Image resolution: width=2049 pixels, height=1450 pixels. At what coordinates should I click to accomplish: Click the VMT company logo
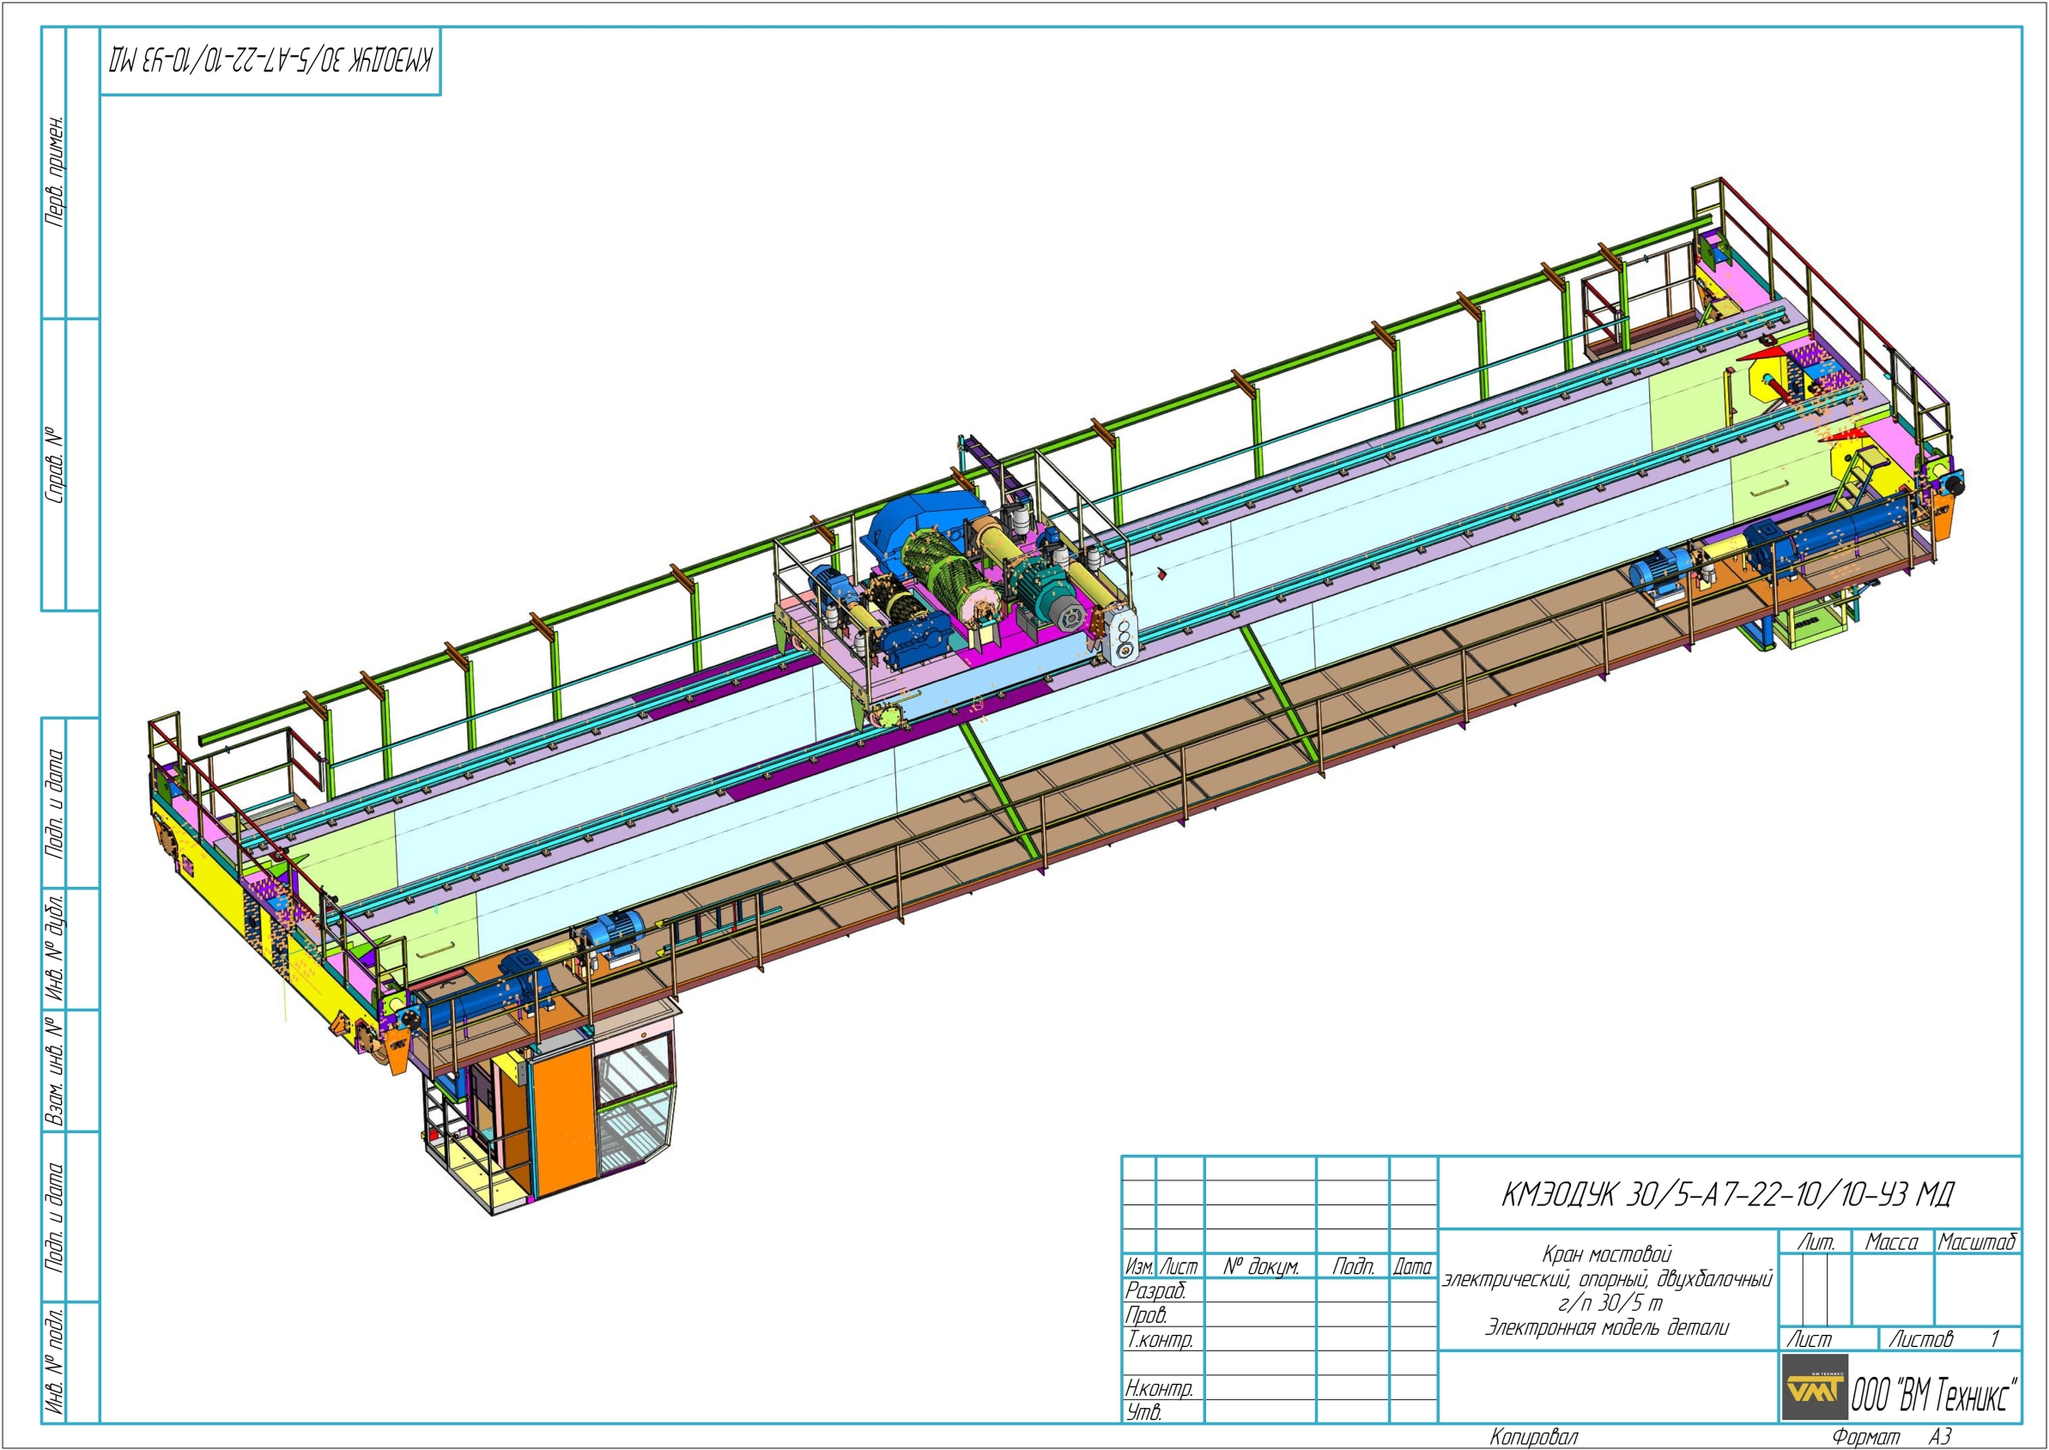(x=1814, y=1387)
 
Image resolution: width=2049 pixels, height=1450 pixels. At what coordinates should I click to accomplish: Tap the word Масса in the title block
(x=1892, y=1242)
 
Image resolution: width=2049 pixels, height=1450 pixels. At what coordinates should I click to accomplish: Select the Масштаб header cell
(x=1977, y=1242)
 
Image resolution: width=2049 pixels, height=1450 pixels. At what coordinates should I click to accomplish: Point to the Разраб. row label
(x=1155, y=1290)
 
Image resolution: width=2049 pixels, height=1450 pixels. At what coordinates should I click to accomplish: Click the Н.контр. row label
(x=1159, y=1388)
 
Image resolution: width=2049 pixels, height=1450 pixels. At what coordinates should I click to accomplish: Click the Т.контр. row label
(x=1159, y=1339)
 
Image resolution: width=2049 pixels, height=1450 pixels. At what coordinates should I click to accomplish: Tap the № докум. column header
(x=1261, y=1266)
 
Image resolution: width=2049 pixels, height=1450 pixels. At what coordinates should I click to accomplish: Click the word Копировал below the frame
(x=1533, y=1436)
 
